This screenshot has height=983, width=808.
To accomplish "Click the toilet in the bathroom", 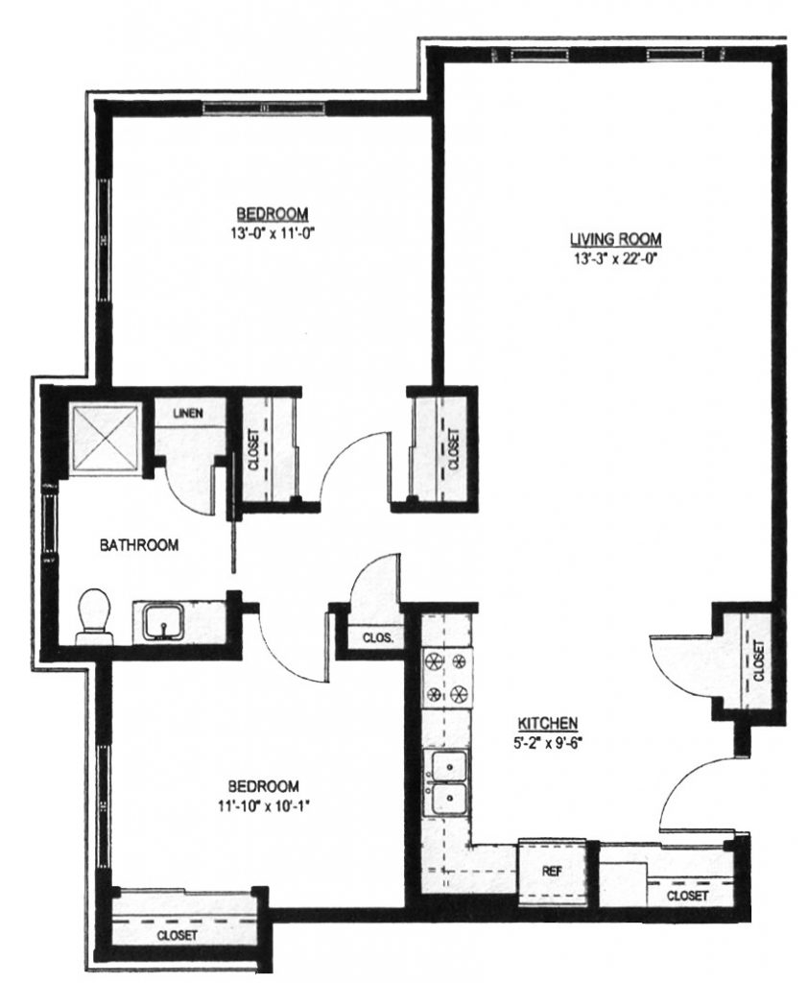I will pyautogui.click(x=94, y=614).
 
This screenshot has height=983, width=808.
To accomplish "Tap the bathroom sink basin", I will pyautogui.click(x=166, y=621).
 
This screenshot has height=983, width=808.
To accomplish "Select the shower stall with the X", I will pyautogui.click(x=106, y=437).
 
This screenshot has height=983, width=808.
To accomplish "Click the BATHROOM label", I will pyautogui.click(x=140, y=545).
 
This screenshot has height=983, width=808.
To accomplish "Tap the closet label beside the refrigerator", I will pyautogui.click(x=687, y=896).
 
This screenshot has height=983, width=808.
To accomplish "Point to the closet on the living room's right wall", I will pyautogui.click(x=757, y=662).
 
